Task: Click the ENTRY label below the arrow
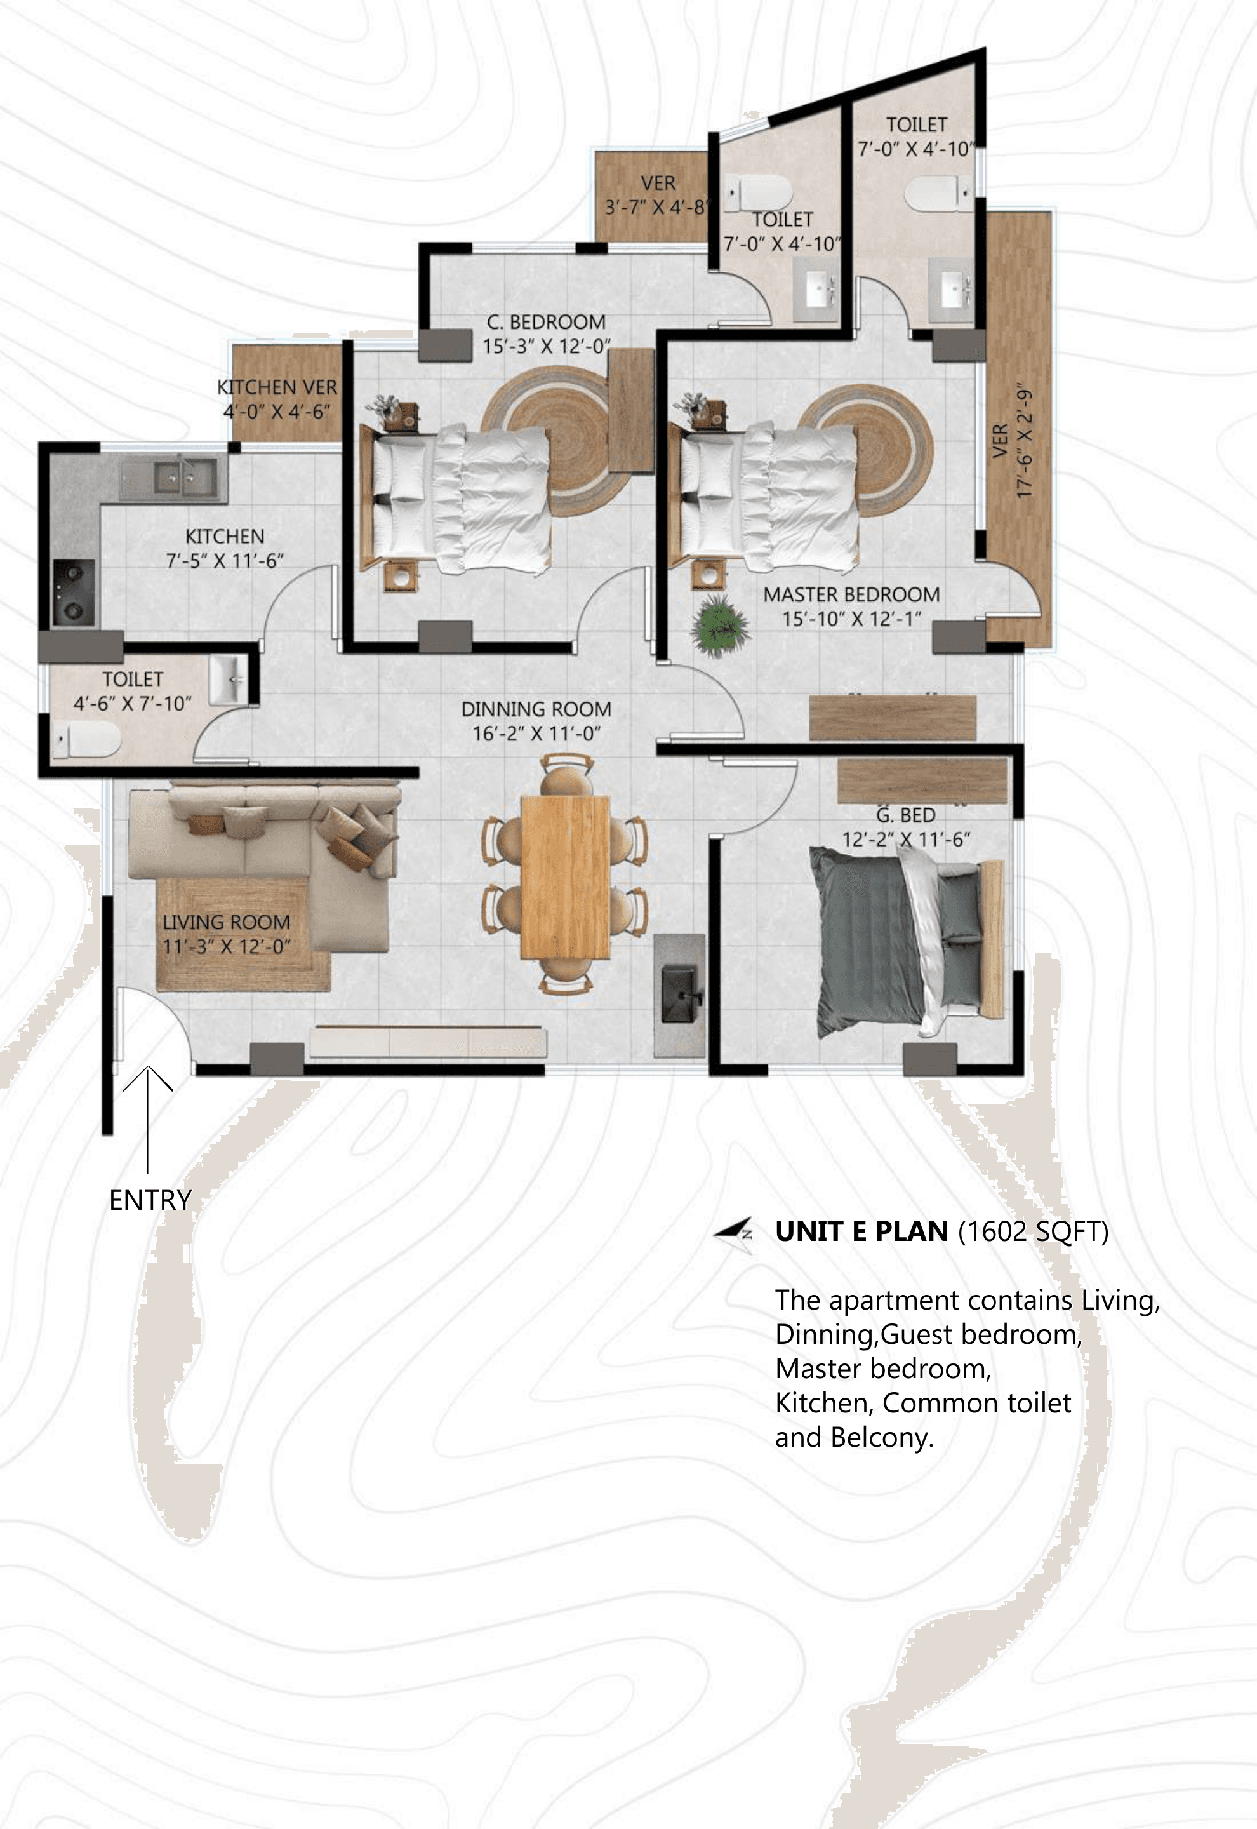pyautogui.click(x=150, y=1200)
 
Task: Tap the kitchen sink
pyautogui.click(x=173, y=479)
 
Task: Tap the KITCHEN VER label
pyautogui.click(x=277, y=387)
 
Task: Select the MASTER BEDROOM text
pyautogui.click(x=851, y=594)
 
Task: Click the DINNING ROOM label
pyautogui.click(x=536, y=709)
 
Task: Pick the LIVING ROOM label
pyautogui.click(x=226, y=921)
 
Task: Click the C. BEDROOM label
pyautogui.click(x=547, y=321)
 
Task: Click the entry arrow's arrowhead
pyautogui.click(x=148, y=1078)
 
